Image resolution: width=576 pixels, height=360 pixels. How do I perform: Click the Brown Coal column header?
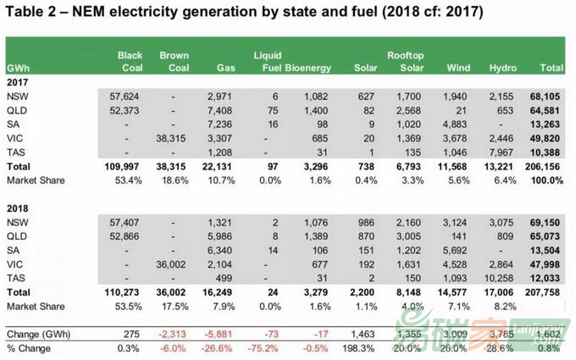174,61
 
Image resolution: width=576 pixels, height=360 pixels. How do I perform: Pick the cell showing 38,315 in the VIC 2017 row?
173,138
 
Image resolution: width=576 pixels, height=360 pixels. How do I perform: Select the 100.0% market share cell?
548,180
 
